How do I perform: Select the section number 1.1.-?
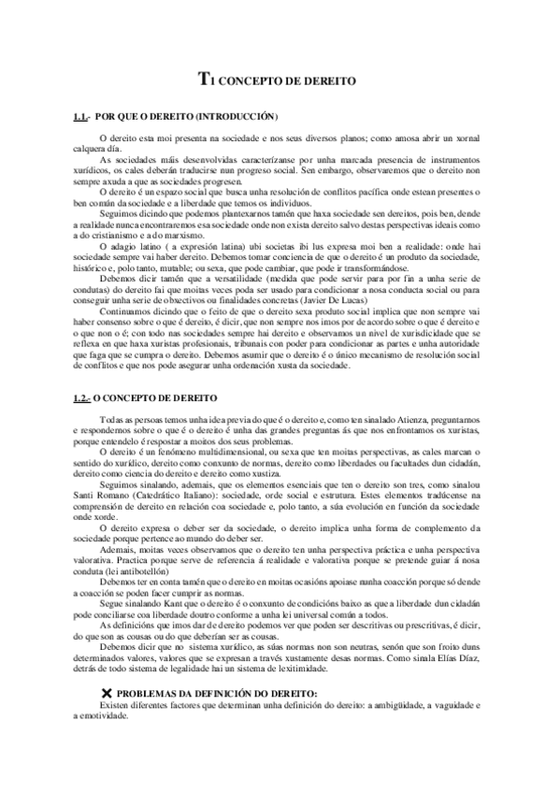(82, 118)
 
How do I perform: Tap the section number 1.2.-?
(82, 398)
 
